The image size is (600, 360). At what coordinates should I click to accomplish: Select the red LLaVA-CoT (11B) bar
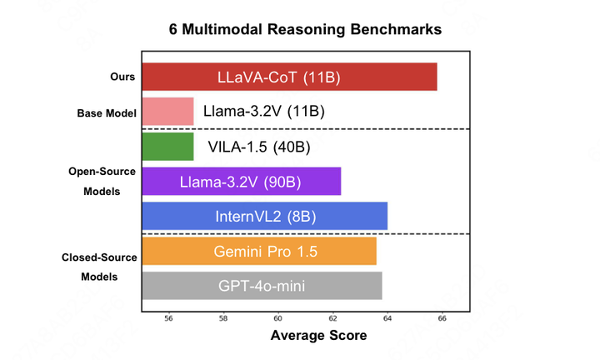289,77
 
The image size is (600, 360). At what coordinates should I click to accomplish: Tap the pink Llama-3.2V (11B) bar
167,111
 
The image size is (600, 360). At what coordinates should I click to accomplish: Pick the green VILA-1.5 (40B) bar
167,147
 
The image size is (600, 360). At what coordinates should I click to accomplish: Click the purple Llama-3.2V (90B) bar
242,182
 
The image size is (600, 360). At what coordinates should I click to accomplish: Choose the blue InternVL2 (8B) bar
264,216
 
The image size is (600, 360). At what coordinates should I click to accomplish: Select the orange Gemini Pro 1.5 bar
259,252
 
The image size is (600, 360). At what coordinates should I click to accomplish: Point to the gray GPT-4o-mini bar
262,286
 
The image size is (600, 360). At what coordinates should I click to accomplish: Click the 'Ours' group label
122,77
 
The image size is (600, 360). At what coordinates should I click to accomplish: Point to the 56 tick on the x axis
169,317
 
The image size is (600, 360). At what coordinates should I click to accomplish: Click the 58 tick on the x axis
223,317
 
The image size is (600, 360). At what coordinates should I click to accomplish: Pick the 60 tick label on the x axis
278,317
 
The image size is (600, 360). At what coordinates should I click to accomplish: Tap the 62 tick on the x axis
333,317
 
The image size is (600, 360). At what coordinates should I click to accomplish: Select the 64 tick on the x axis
387,317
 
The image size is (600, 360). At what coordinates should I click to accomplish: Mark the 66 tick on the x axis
442,317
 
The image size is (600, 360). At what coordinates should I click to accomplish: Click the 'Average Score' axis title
306,336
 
